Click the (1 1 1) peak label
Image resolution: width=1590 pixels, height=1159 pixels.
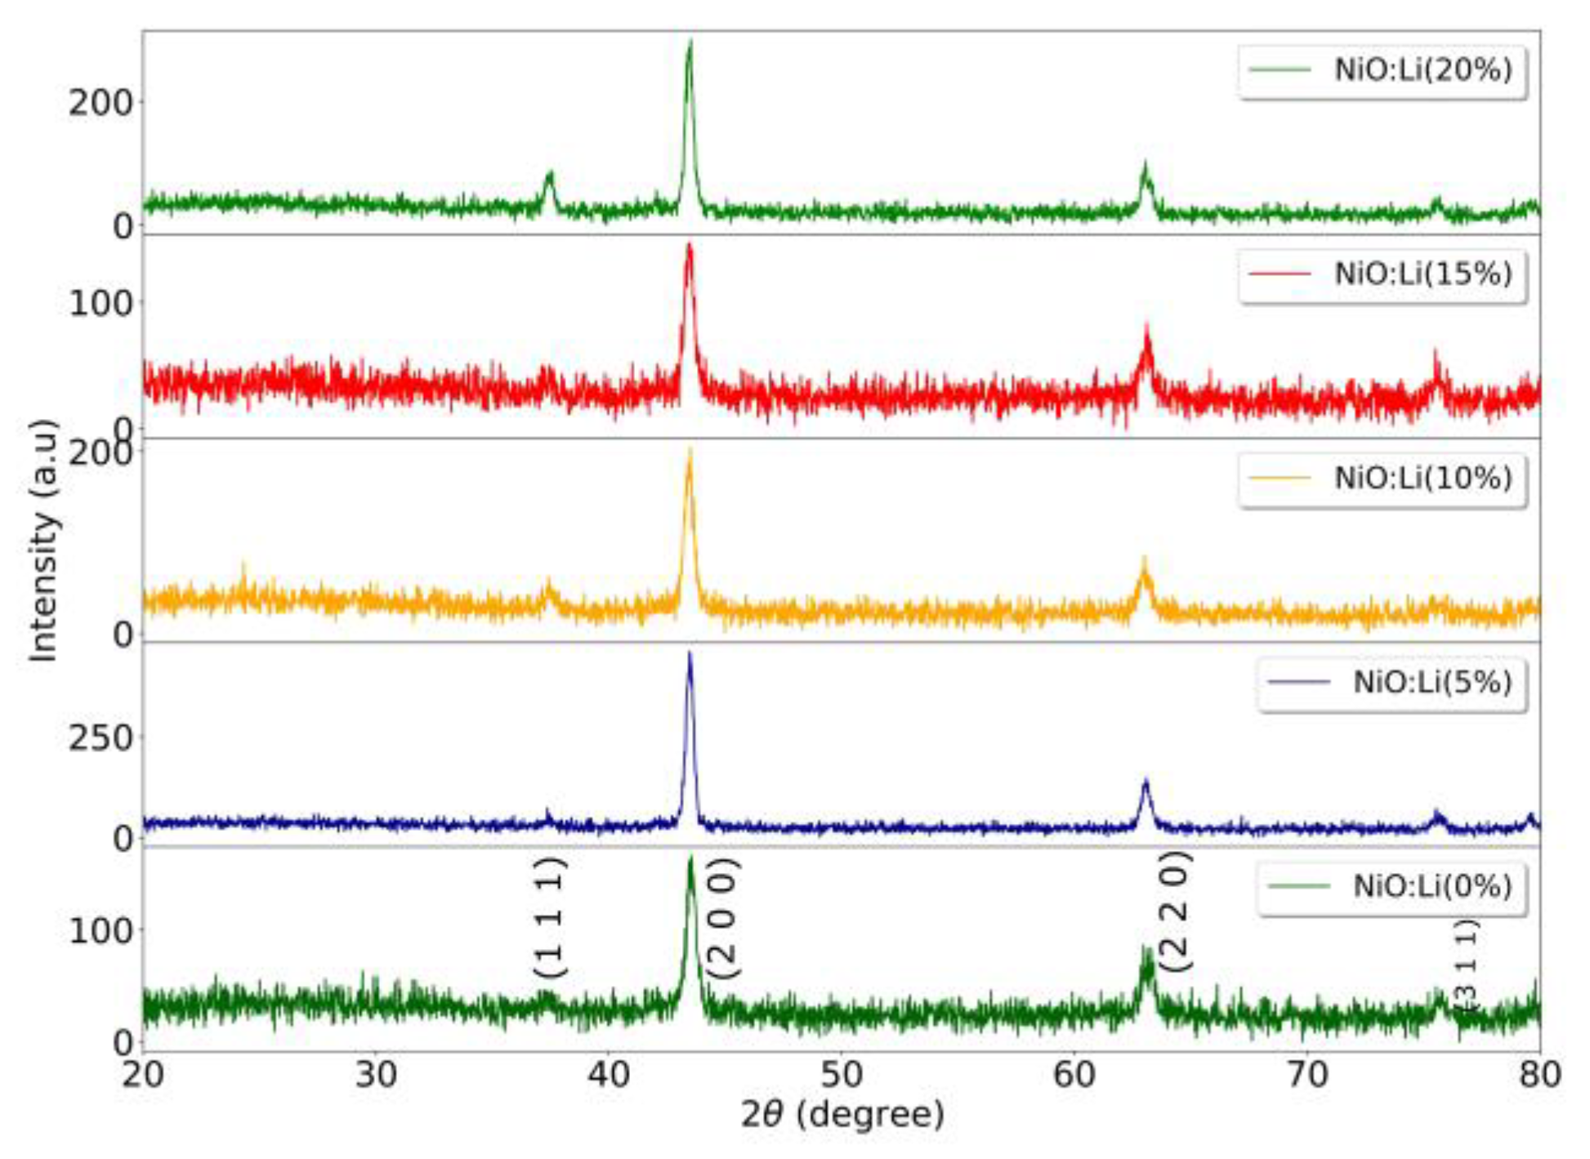point(550,917)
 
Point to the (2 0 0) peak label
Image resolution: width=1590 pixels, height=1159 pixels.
point(724,919)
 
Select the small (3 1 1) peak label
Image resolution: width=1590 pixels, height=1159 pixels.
point(1467,964)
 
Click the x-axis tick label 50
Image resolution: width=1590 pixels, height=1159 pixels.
point(841,1075)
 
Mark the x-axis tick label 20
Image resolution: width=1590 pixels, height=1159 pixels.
point(143,1075)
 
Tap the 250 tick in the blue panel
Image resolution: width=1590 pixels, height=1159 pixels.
point(100,738)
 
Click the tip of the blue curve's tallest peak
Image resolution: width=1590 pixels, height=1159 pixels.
point(690,653)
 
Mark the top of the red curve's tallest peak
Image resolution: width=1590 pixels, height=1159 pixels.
point(690,245)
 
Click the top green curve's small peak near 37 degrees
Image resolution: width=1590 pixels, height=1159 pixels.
point(550,174)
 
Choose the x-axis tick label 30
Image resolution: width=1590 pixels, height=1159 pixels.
point(376,1075)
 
